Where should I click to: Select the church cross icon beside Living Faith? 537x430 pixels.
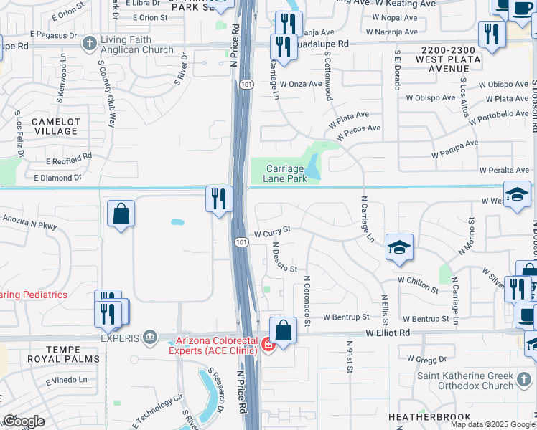[89, 44]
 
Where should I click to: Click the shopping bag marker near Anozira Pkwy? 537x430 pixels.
[121, 214]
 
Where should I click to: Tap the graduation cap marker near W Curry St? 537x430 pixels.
[399, 248]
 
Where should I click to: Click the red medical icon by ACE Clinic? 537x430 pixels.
[268, 345]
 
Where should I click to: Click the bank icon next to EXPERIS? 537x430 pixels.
[149, 336]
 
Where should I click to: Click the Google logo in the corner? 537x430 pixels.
[24, 421]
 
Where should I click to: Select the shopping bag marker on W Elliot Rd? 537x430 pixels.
[283, 330]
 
